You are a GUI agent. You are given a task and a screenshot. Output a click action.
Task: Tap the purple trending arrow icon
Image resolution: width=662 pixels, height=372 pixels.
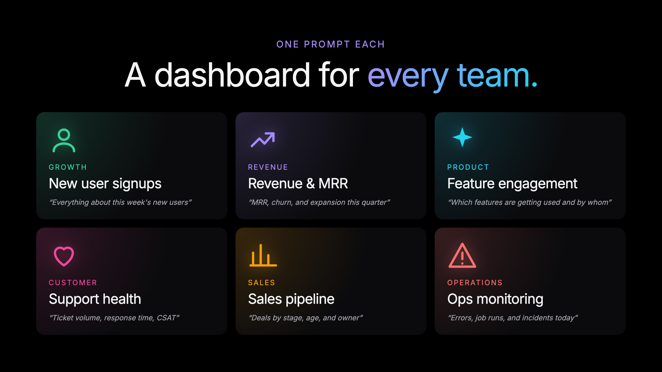[x=263, y=139]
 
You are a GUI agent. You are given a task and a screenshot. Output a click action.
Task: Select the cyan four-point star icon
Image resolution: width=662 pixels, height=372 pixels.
[x=462, y=137]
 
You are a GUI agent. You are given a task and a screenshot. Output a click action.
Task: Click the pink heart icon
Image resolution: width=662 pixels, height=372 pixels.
[x=64, y=256]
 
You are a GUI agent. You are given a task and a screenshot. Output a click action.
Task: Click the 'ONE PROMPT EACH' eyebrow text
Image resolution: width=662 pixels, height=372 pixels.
[x=331, y=44]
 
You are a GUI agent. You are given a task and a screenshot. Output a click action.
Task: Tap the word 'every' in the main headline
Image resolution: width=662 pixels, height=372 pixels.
[x=408, y=76]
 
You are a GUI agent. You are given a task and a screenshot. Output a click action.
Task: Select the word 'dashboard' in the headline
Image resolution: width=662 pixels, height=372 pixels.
[x=232, y=75]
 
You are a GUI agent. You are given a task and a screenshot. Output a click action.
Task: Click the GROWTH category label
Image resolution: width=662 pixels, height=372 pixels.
[x=68, y=167]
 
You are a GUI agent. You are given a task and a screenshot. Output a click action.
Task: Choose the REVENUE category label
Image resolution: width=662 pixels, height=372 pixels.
[x=268, y=167]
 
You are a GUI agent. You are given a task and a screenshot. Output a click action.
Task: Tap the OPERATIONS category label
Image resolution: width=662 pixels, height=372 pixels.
[x=475, y=283]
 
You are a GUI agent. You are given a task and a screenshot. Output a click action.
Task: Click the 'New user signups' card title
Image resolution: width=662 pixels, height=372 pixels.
[x=105, y=184]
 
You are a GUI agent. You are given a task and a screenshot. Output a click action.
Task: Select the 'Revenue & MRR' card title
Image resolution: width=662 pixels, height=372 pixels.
[x=298, y=184]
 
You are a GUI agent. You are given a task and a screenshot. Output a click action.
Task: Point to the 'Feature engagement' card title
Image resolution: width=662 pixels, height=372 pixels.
[x=512, y=184]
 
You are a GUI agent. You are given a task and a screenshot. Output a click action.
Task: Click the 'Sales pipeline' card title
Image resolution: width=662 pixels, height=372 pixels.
[x=291, y=299]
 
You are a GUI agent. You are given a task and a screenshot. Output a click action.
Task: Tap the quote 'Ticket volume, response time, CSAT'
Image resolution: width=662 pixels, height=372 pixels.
[x=114, y=318]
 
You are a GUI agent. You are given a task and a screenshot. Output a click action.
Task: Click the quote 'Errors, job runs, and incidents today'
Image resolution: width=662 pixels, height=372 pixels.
[x=513, y=318]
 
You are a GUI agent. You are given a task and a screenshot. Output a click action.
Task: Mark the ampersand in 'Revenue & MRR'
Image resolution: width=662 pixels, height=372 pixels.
[x=311, y=184]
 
